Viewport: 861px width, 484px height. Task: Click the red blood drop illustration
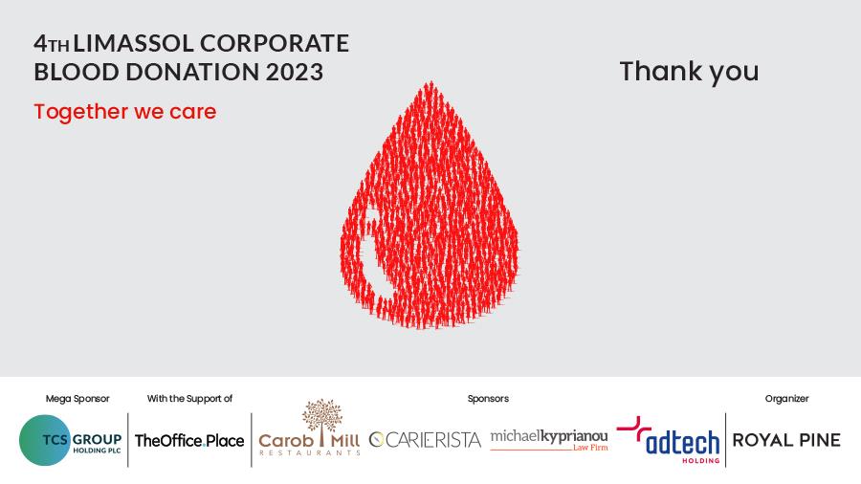tap(430, 209)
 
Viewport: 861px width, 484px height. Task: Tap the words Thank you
tap(689, 72)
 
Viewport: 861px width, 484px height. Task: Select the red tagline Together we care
tap(125, 111)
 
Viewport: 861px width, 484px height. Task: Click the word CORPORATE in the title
tap(275, 43)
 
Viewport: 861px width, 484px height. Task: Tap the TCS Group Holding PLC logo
tap(70, 440)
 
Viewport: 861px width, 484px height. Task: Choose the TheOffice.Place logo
tap(189, 441)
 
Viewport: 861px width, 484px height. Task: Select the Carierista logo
tap(425, 440)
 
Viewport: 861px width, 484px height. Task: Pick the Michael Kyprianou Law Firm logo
tap(549, 441)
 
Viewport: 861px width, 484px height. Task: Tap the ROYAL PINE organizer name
tap(786, 440)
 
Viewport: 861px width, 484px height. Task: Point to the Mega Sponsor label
tap(77, 399)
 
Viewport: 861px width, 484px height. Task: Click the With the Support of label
tap(189, 399)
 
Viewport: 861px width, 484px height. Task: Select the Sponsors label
tap(488, 399)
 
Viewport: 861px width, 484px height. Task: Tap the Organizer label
tap(787, 399)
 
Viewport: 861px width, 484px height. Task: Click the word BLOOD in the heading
tap(77, 72)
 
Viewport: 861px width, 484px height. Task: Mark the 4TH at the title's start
tap(52, 43)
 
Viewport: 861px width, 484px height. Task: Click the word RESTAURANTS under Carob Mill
tap(309, 452)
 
